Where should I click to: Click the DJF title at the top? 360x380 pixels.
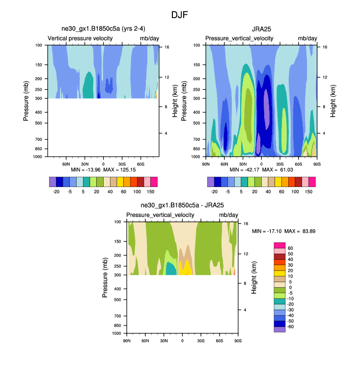pos(180,15)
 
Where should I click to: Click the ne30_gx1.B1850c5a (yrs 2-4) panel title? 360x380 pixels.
pos(103,29)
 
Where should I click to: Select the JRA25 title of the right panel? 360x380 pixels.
pos(261,29)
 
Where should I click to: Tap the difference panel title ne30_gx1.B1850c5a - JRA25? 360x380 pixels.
pos(182,206)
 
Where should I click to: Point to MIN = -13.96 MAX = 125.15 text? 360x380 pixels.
pos(103,169)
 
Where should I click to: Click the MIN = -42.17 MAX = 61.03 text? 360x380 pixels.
pos(261,169)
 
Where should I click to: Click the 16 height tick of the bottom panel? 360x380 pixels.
pos(246,223)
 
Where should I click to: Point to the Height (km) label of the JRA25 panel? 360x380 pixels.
pos(333,101)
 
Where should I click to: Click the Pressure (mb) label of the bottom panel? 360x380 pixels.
pos(105,277)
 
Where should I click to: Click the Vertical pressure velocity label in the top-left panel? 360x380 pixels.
pos(81,38)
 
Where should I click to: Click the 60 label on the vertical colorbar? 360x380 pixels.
pos(290,248)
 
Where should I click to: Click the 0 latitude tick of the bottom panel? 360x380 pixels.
pos(183,340)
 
